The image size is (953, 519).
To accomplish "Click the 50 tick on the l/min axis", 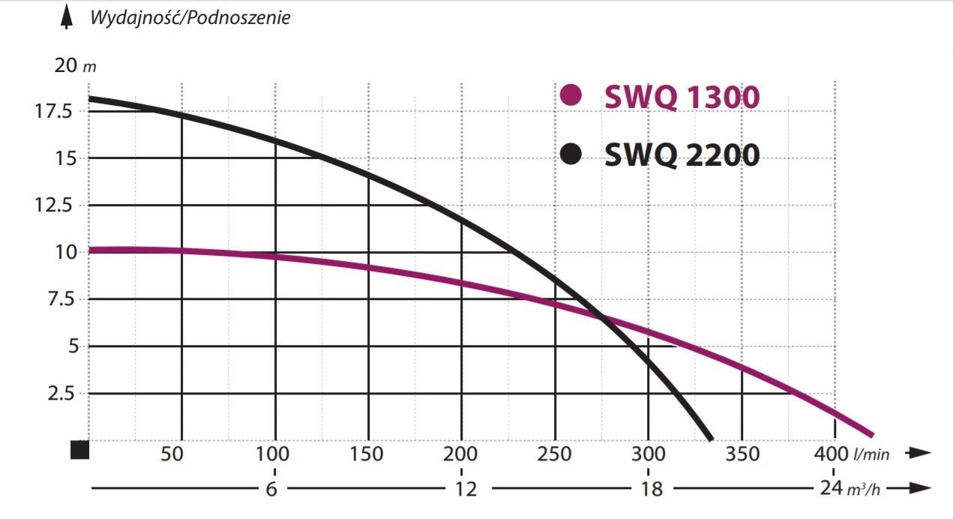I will pos(173,454).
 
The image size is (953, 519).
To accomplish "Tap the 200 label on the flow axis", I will pos(461,454).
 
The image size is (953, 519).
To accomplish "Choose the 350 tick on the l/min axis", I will pos(742,454).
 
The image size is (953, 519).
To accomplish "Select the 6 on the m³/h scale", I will pos(271,489).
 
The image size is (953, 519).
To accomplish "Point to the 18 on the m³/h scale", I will pos(653,489).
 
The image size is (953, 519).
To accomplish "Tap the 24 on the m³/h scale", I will pos(828,489).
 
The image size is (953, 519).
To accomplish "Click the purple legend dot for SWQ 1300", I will pos(571,95).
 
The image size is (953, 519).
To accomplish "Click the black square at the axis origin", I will pos(80,450).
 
